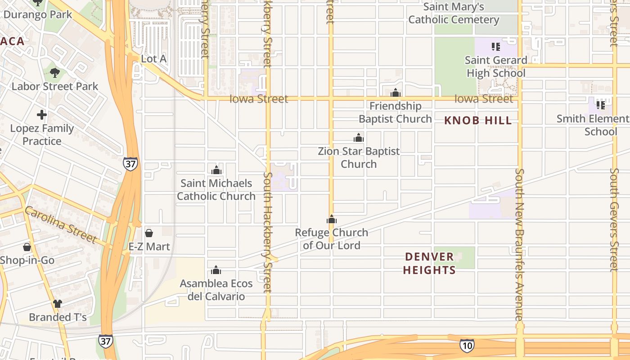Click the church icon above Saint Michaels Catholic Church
(216, 171)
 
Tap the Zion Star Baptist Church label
(359, 157)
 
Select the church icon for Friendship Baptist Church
(396, 93)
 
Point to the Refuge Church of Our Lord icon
(332, 220)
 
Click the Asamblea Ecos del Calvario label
(216, 290)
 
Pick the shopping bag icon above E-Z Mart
(149, 233)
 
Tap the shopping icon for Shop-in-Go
(27, 247)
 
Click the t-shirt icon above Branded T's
(58, 304)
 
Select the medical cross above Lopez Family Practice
(42, 115)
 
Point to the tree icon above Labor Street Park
(55, 72)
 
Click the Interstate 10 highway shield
(467, 346)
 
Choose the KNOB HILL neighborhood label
(478, 121)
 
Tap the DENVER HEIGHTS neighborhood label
(429, 263)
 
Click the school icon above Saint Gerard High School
(496, 47)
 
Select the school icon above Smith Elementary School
(600, 105)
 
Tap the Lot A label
(154, 59)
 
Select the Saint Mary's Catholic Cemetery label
(454, 13)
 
